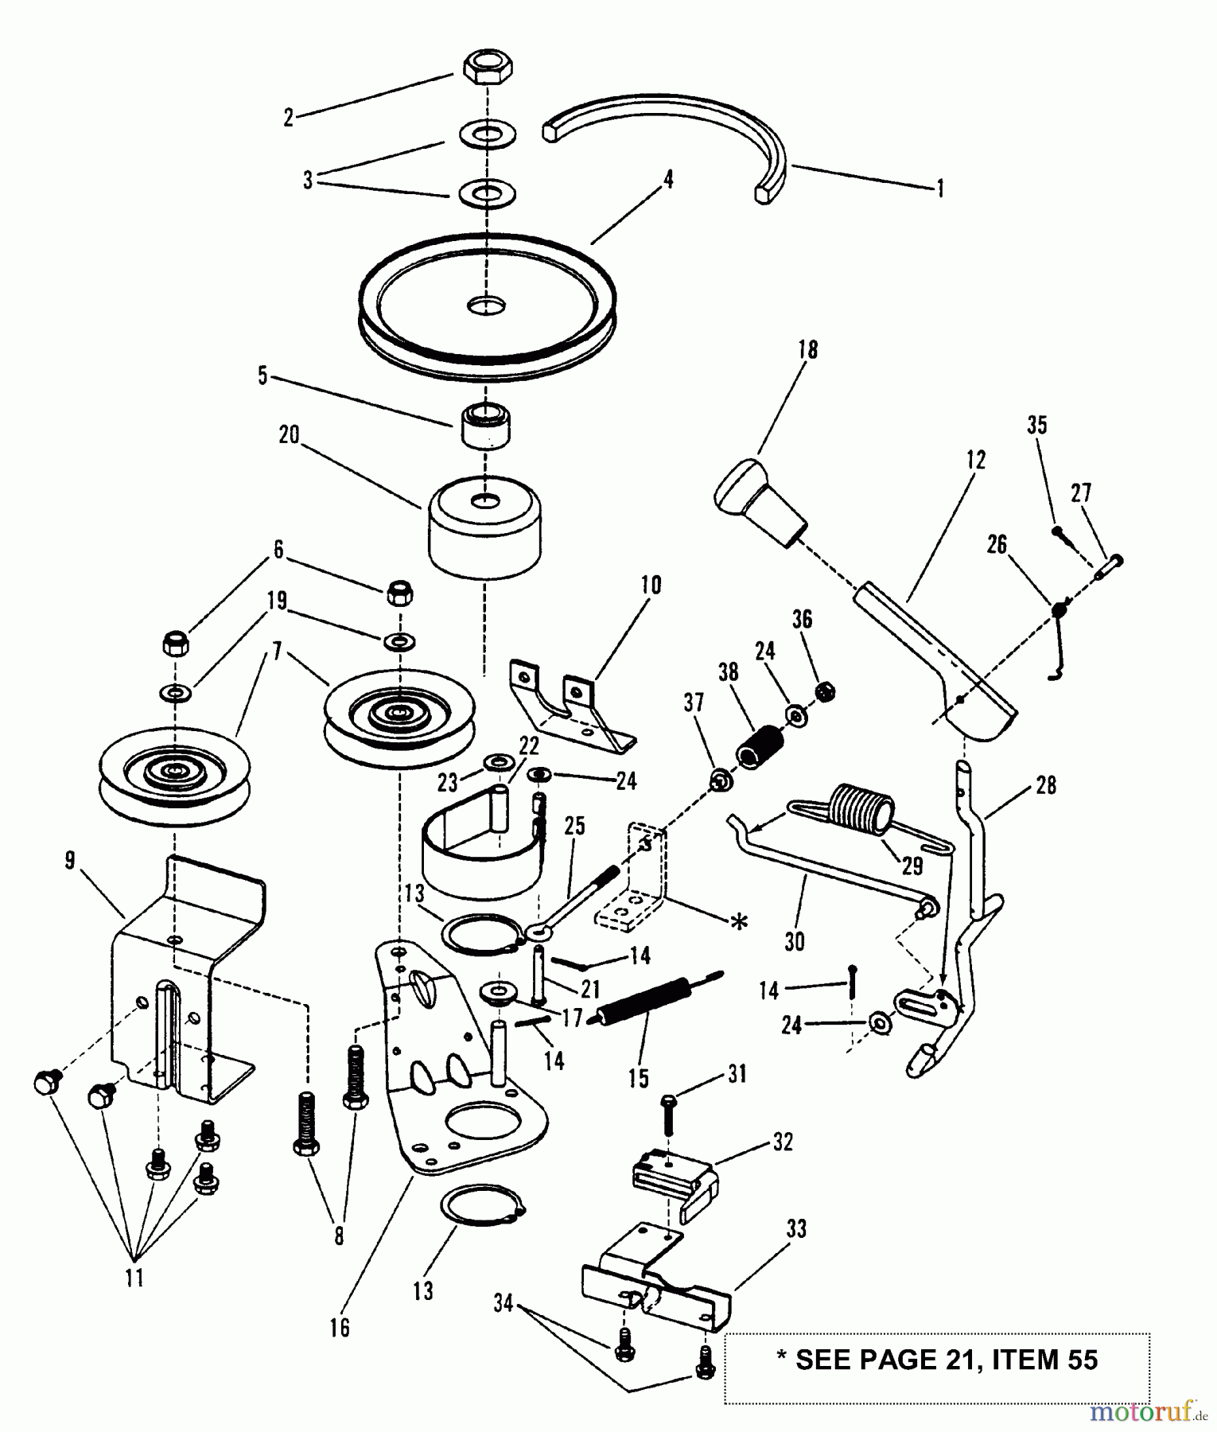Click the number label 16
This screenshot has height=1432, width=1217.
click(x=340, y=1327)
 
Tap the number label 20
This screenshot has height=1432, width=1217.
click(x=289, y=435)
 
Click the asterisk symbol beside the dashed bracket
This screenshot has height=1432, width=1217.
click(x=739, y=921)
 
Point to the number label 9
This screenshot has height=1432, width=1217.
click(x=71, y=861)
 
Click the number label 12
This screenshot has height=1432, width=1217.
click(x=975, y=460)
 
